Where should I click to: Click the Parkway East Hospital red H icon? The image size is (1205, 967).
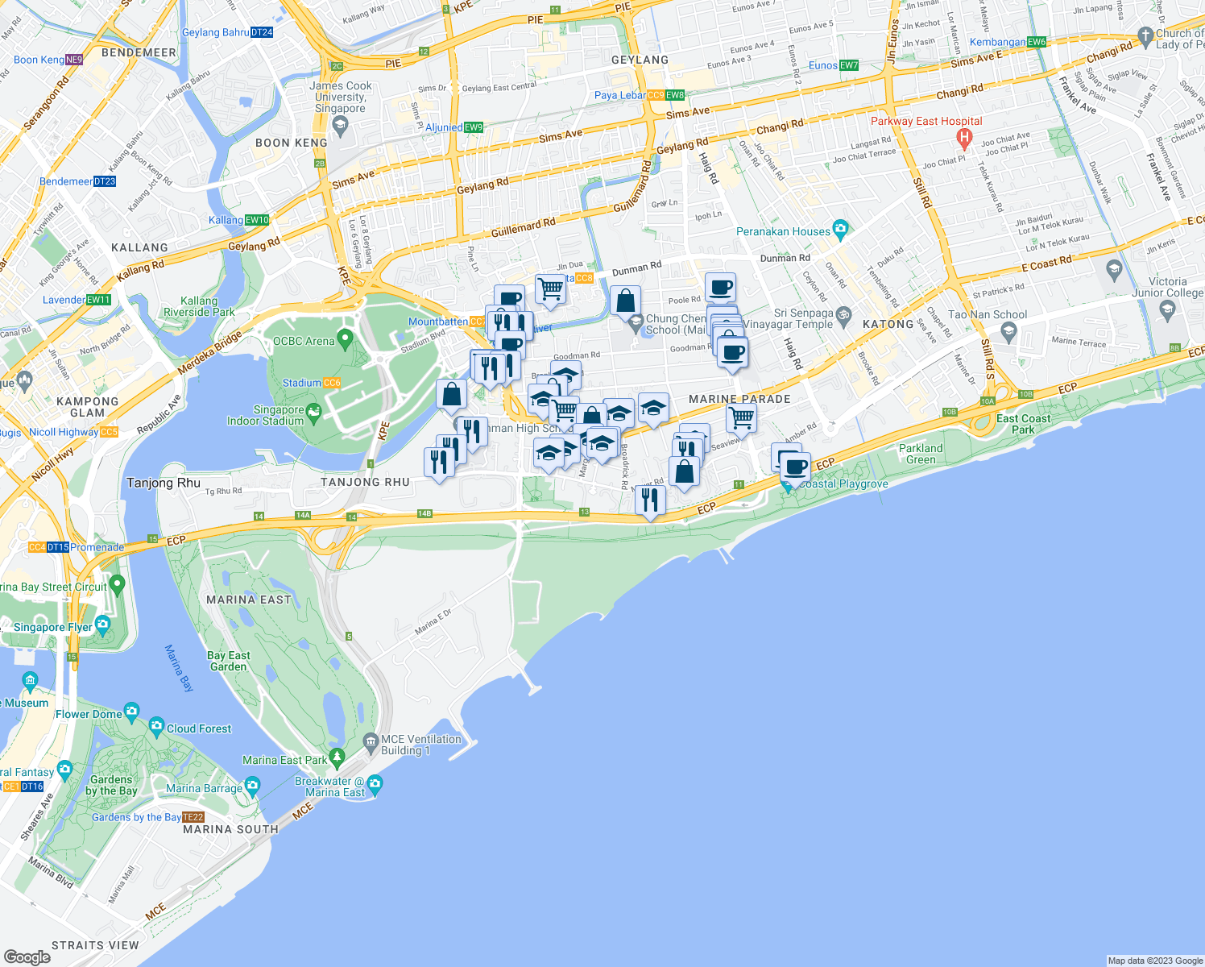pyautogui.click(x=964, y=138)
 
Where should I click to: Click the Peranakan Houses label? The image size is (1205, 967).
pyautogui.click(x=783, y=231)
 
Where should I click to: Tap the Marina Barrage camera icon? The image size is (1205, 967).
pyautogui.click(x=253, y=785)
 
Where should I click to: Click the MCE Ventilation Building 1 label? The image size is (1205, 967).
pyautogui.click(x=421, y=745)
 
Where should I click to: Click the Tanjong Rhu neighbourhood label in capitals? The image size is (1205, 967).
pyautogui.click(x=365, y=482)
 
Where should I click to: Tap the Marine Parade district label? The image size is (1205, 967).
pyautogui.click(x=739, y=399)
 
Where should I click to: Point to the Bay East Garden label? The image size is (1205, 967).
pyautogui.click(x=229, y=661)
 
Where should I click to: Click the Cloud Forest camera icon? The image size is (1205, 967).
pyautogui.click(x=156, y=724)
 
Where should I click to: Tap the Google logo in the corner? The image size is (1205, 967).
pyautogui.click(x=27, y=957)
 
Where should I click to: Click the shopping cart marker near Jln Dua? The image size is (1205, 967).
pyautogui.click(x=550, y=288)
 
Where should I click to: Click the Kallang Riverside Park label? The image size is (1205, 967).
pyautogui.click(x=199, y=306)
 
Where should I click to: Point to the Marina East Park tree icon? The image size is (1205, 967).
pyautogui.click(x=337, y=757)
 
